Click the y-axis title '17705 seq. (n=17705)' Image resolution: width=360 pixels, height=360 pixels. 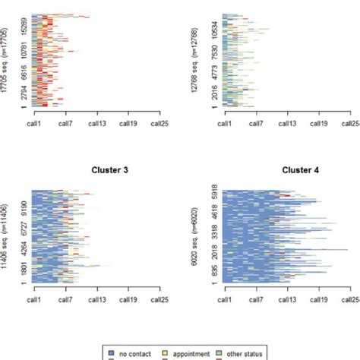(x=7, y=62)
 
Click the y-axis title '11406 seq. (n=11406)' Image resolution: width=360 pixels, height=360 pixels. (x=7, y=239)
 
